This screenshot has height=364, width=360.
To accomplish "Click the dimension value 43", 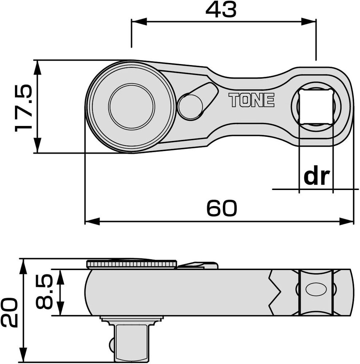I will [x=221, y=10].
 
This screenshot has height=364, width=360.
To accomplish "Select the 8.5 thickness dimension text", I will [x=44, y=292].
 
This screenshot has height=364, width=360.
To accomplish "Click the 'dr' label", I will [x=316, y=177].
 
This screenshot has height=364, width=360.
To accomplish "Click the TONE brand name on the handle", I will [x=251, y=100].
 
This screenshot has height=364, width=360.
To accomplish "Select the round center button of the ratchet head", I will [x=131, y=106].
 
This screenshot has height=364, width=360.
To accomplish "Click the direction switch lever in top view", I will [x=197, y=102].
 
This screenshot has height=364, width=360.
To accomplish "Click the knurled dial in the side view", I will [x=131, y=264].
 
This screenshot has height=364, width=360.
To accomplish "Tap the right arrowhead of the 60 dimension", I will [x=348, y=221].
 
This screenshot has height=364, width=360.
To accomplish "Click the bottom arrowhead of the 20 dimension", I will [x=24, y=357].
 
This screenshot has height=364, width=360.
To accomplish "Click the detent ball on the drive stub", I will [x=111, y=343].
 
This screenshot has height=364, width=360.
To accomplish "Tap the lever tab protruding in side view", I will [x=198, y=265].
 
